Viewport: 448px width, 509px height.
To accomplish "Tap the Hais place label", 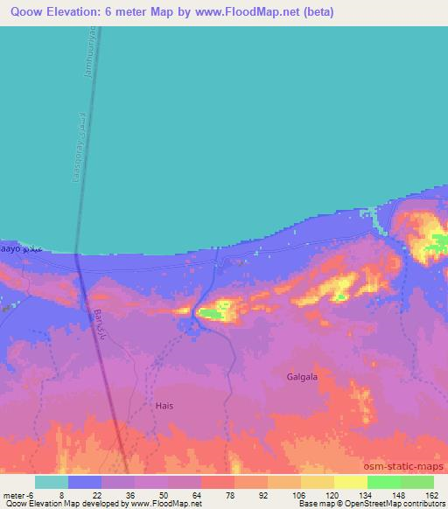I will point(164,406).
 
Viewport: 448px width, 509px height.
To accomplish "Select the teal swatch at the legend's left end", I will point(52,482).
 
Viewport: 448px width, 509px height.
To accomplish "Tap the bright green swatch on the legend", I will point(383,482).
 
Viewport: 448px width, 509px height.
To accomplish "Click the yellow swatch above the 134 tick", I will point(350,482).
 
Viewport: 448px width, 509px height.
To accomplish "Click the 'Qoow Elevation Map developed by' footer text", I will point(61,504).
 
